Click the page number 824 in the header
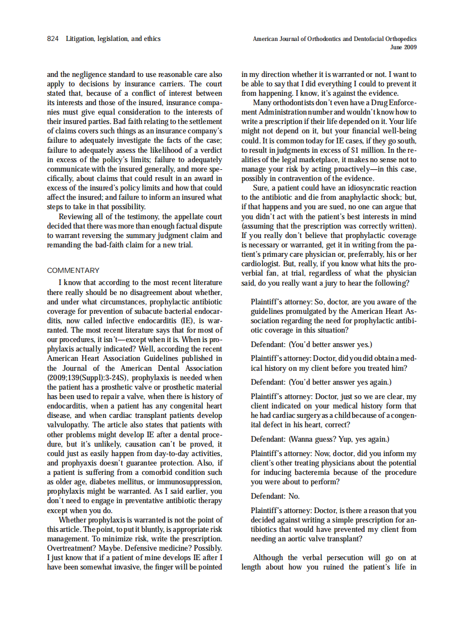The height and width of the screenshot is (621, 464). pos(53,39)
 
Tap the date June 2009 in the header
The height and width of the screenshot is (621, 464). pos(403,48)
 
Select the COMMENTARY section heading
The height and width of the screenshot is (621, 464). pos(73,271)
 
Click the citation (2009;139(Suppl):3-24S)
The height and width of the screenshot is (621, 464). pos(88,377)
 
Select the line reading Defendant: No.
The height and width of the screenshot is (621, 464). pos(275,496)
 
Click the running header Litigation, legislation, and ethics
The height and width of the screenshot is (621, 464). pos(113,39)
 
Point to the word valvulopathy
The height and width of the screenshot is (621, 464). pos(70,425)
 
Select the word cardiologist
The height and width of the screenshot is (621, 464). pos(264,264)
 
